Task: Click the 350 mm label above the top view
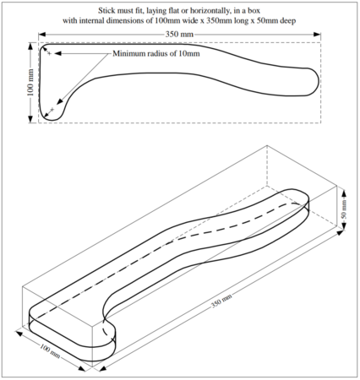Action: pos(180,35)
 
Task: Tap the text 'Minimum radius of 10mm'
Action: pos(157,55)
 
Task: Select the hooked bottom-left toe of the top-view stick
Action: pos(52,114)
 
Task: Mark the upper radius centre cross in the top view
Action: pos(50,53)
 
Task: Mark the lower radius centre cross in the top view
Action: pos(53,110)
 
